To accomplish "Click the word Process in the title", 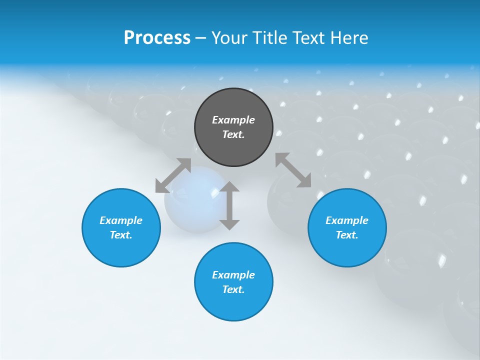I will click(x=157, y=37).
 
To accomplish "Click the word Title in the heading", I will click(x=268, y=37).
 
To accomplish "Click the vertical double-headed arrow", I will click(x=229, y=205).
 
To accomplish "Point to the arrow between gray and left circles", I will click(x=173, y=175).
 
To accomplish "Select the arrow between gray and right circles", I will click(x=293, y=170).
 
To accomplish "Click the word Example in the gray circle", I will click(x=233, y=120).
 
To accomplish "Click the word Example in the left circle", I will click(x=121, y=220).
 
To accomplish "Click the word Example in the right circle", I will click(x=347, y=220).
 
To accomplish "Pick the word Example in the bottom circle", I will click(x=233, y=275).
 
